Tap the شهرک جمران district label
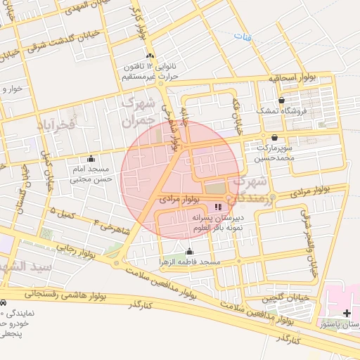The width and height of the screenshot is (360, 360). point(138,110)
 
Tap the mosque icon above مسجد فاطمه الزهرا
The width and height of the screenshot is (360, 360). point(188,252)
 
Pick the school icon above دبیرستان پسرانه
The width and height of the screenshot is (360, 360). point(217,207)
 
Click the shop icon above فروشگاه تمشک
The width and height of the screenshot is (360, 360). point(281,101)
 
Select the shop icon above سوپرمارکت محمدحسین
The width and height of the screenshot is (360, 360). point(274,137)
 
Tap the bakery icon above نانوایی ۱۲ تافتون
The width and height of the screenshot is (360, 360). point(148,56)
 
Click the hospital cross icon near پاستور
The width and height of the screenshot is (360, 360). point(347,312)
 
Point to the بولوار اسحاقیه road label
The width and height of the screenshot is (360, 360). point(292,79)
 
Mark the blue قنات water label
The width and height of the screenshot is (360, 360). point(242,34)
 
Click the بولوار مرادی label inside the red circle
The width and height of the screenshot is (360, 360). point(181,200)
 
